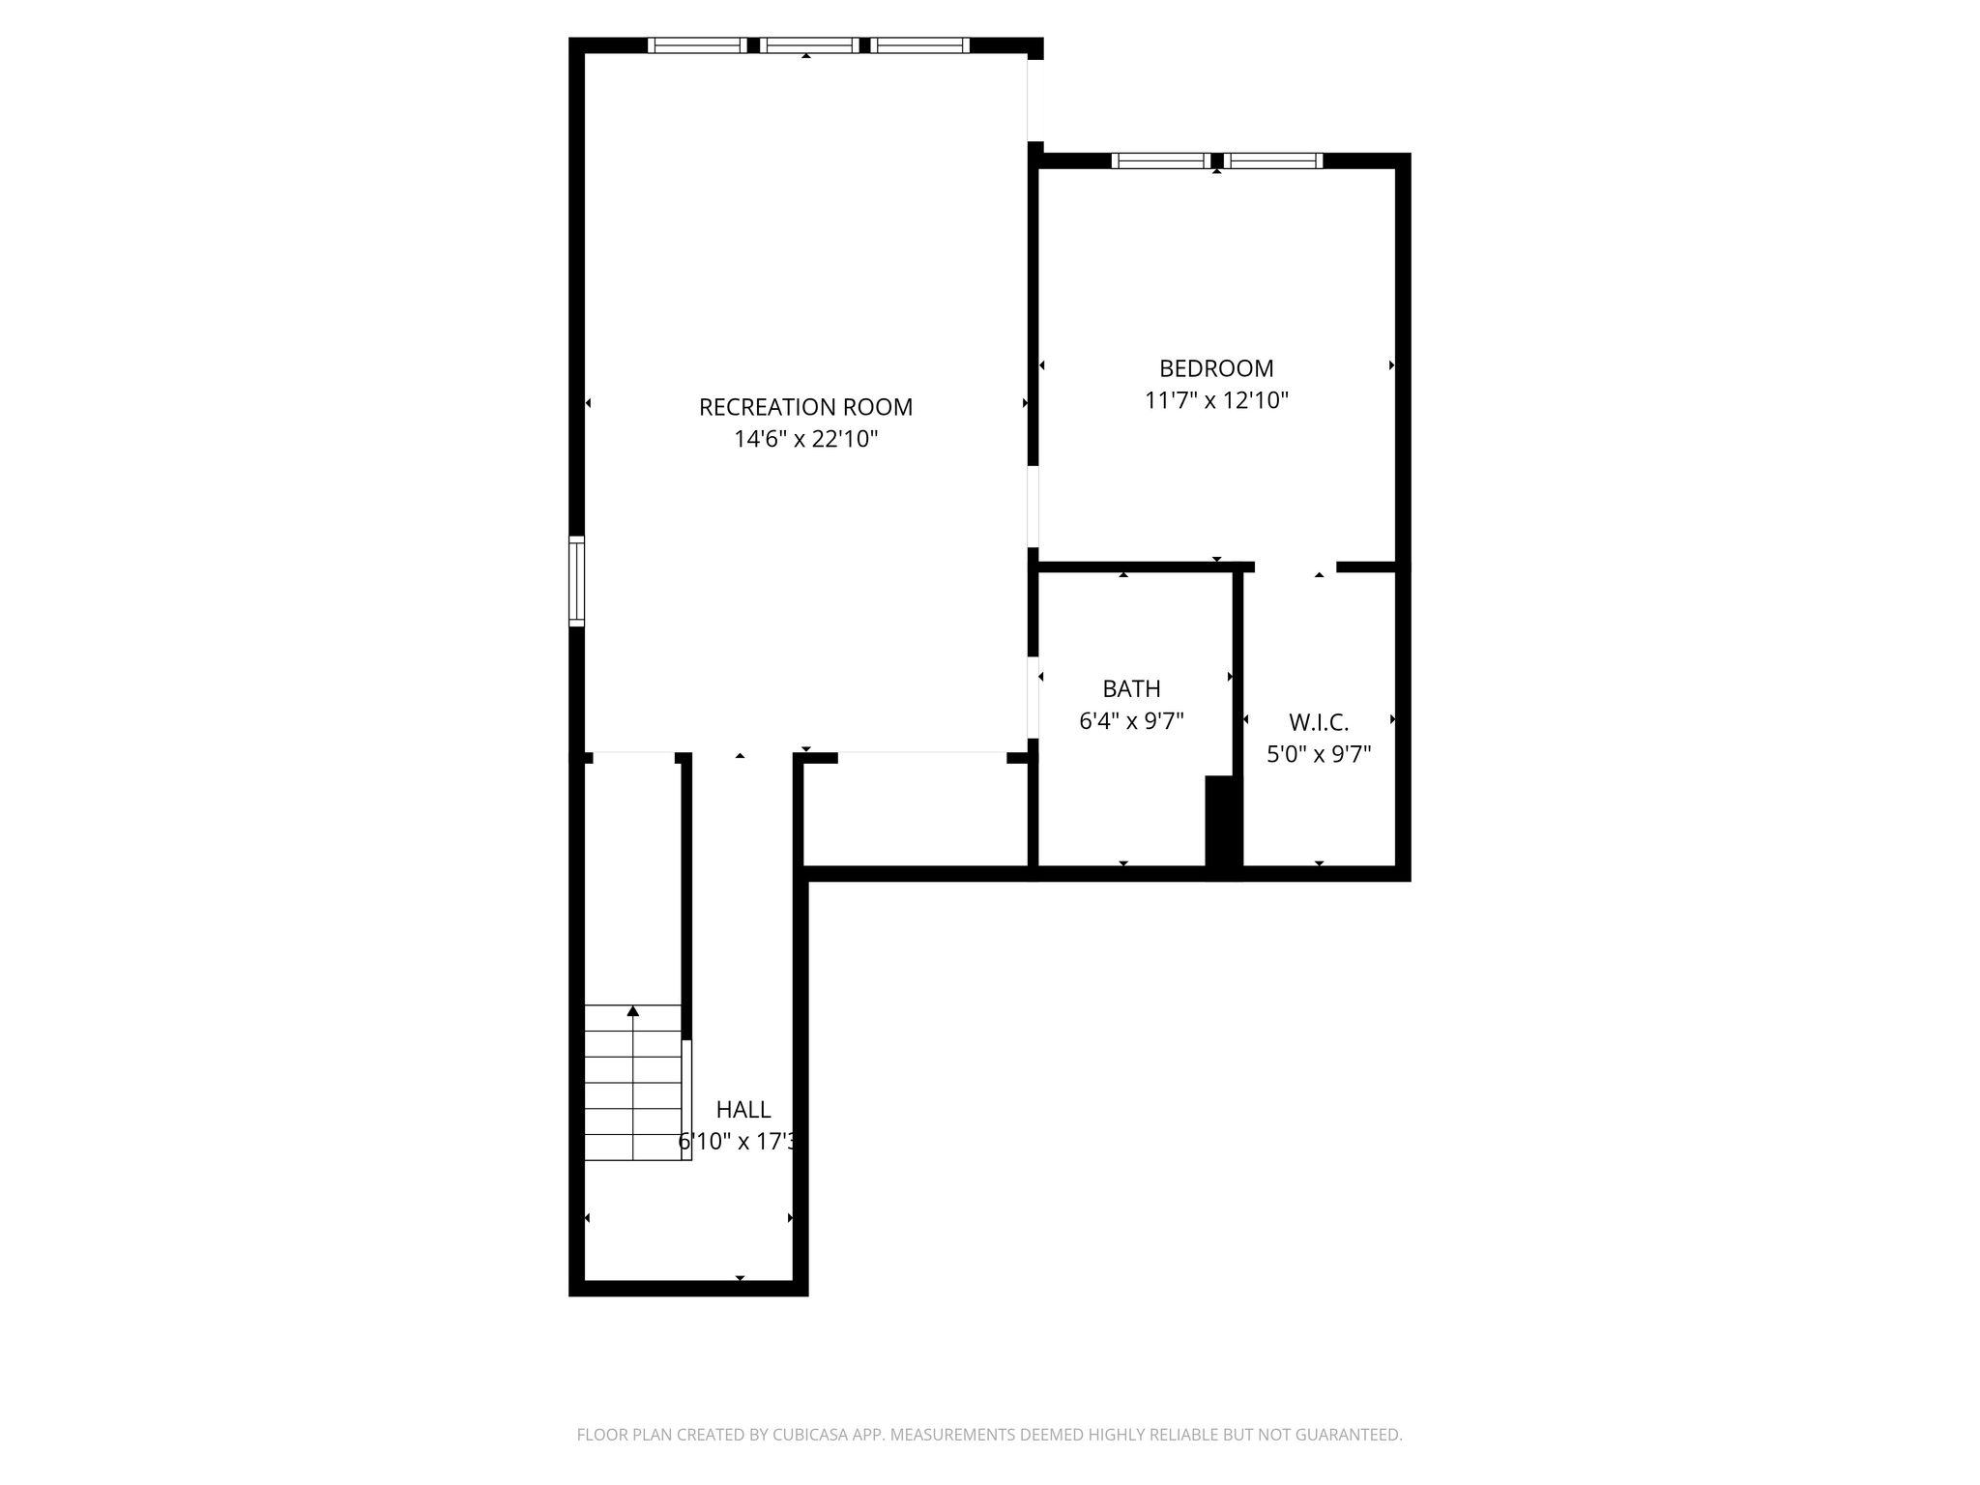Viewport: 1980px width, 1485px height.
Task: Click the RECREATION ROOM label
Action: (x=805, y=407)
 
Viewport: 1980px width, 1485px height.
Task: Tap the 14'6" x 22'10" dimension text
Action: (x=805, y=440)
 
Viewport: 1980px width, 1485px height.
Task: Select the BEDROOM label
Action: (x=1216, y=368)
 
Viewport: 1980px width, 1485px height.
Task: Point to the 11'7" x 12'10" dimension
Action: (x=1216, y=400)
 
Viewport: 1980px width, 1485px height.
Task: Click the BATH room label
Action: (x=1131, y=689)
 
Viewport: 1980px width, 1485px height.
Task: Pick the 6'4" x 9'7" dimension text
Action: (x=1131, y=721)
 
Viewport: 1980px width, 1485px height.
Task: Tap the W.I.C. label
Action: (x=1319, y=722)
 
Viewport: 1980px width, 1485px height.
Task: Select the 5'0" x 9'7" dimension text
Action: (x=1319, y=754)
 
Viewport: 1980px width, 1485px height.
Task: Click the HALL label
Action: (x=743, y=1110)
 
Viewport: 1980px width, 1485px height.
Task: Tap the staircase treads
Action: (x=633, y=1083)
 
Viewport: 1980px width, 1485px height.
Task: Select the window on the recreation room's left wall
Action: (x=576, y=581)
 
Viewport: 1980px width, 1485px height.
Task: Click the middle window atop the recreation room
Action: (x=809, y=44)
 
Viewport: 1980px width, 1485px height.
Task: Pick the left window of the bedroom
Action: (x=1160, y=160)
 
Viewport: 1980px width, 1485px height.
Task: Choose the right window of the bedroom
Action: (x=1273, y=160)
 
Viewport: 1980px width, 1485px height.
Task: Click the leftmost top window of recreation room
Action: (x=697, y=44)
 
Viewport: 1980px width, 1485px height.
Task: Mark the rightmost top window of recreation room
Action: (x=919, y=44)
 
